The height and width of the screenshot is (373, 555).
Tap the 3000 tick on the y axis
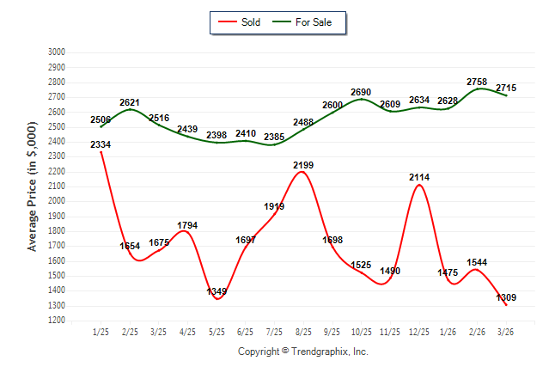click(57, 52)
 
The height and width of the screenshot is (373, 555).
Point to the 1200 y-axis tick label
click(57, 321)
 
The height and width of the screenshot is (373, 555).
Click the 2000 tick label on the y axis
click(57, 201)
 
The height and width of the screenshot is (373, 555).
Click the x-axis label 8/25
click(303, 332)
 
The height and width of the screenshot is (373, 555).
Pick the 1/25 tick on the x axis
click(101, 332)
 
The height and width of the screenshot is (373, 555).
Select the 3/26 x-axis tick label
click(506, 332)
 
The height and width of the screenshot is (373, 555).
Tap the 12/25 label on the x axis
click(419, 332)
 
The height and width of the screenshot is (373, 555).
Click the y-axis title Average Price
click(33, 186)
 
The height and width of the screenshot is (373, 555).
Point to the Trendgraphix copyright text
click(302, 352)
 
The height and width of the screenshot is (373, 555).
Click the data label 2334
click(101, 144)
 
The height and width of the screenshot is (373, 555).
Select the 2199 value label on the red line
click(303, 164)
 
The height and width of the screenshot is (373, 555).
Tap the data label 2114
click(419, 177)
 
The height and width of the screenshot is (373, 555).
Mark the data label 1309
click(506, 297)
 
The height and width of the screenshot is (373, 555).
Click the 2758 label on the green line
click(477, 82)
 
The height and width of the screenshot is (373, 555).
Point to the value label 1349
click(217, 291)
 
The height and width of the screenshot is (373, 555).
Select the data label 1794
click(187, 225)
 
